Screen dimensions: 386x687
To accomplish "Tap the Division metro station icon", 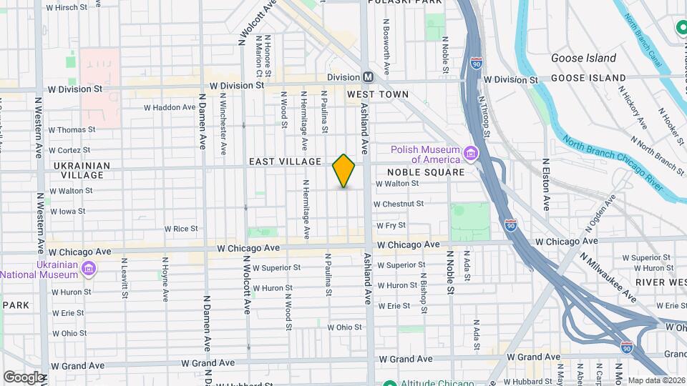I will pyautogui.click(x=368, y=76).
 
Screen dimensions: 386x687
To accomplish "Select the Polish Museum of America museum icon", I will pyautogui.click(x=470, y=154).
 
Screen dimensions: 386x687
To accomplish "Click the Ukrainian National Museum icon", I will pyautogui.click(x=88, y=269).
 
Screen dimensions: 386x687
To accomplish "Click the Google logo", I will pyautogui.click(x=24, y=377).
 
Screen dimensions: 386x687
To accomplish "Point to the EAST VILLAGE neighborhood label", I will pyautogui.click(x=285, y=162).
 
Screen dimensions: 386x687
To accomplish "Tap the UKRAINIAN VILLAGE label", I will pyautogui.click(x=82, y=170).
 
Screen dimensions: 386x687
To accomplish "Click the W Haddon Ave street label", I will pyautogui.click(x=170, y=108).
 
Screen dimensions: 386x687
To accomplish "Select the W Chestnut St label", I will pyautogui.click(x=399, y=204).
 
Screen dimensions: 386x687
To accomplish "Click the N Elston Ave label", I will pyautogui.click(x=546, y=184).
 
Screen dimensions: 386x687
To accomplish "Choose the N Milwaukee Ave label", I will pyautogui.click(x=608, y=277).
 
